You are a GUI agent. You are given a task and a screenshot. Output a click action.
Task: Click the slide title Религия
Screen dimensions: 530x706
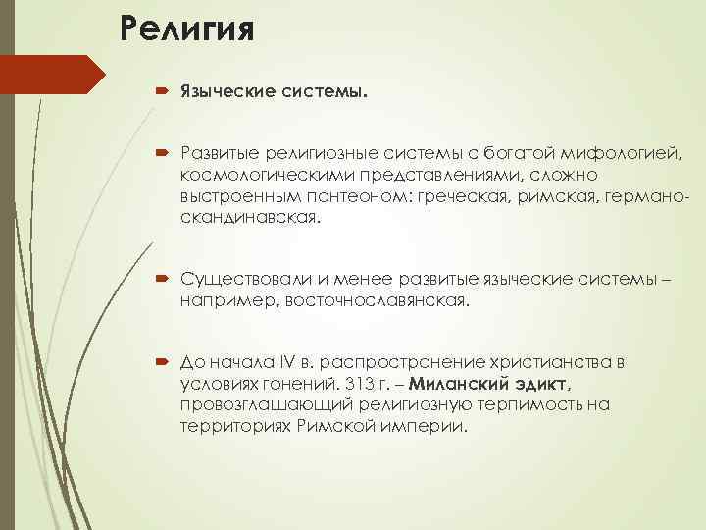pos(187,27)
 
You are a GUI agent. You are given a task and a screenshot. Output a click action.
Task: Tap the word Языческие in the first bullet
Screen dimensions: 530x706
pos(220,92)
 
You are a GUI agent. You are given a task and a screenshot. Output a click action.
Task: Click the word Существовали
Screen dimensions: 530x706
pos(241,281)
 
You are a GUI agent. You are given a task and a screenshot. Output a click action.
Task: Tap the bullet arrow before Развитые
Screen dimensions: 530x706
pos(161,152)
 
